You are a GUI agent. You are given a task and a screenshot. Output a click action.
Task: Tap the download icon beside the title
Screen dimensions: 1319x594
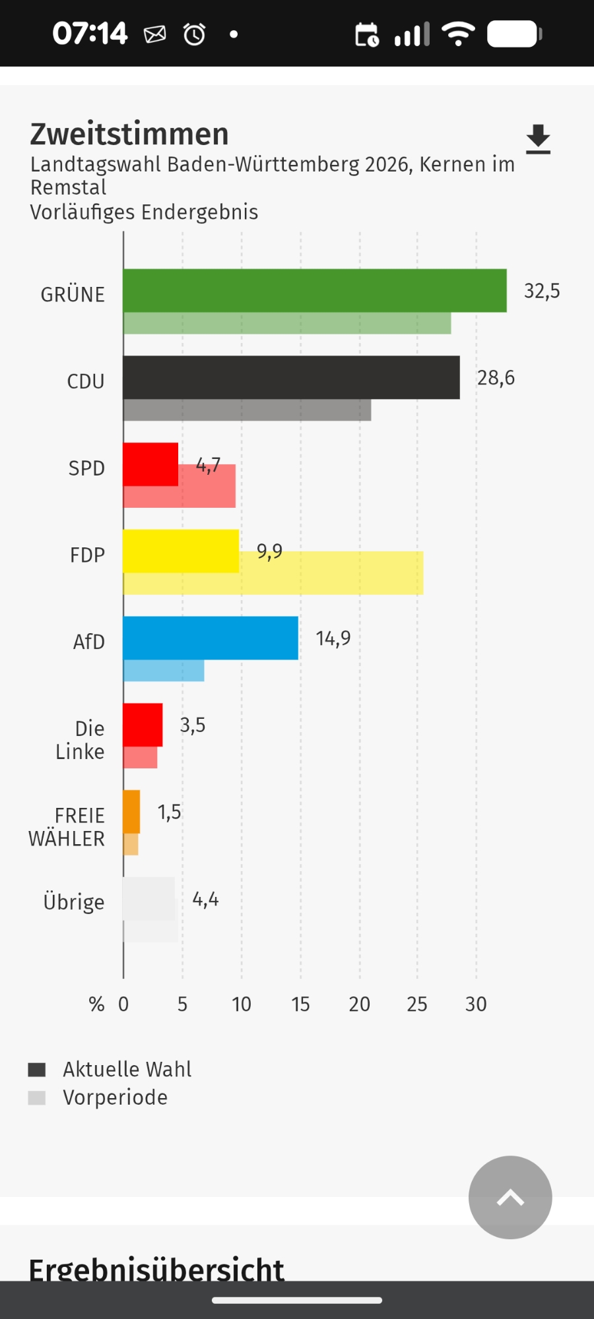(538, 139)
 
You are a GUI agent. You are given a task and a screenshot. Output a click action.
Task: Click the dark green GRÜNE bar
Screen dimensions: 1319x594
(314, 290)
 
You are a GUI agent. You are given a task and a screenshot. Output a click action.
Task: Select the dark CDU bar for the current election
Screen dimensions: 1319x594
(291, 377)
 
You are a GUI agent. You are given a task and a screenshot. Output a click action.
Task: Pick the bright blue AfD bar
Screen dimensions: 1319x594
(210, 638)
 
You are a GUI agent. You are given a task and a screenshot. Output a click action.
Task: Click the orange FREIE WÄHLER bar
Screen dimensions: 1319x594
(131, 811)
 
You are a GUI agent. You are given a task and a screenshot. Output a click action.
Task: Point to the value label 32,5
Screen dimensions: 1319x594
(542, 291)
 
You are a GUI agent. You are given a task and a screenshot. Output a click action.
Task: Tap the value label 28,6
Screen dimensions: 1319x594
(496, 378)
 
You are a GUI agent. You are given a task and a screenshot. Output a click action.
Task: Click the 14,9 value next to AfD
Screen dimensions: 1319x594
(333, 638)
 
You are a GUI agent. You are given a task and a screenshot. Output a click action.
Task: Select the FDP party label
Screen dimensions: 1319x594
(87, 555)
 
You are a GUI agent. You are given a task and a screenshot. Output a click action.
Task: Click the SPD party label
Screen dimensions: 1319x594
(86, 468)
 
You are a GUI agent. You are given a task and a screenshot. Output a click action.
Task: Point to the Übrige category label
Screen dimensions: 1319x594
(74, 902)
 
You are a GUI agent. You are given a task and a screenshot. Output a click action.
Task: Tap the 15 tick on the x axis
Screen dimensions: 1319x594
(300, 1004)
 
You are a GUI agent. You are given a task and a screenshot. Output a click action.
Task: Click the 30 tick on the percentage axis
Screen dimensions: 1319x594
(476, 1004)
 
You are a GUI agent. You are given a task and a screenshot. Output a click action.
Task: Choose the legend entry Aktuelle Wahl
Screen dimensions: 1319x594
(127, 1069)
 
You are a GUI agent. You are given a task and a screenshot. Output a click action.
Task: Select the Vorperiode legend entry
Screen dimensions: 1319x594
(115, 1097)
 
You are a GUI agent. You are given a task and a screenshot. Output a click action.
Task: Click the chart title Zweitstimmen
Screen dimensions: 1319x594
(129, 134)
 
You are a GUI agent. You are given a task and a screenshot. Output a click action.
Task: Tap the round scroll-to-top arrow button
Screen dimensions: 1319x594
(510, 1197)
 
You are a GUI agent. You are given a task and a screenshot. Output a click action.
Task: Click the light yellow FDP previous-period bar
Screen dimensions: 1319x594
(330, 584)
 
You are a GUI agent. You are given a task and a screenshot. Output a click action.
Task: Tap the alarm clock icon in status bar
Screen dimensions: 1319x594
(194, 34)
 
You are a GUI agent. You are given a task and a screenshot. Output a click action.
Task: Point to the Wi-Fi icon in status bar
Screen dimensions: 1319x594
(458, 34)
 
